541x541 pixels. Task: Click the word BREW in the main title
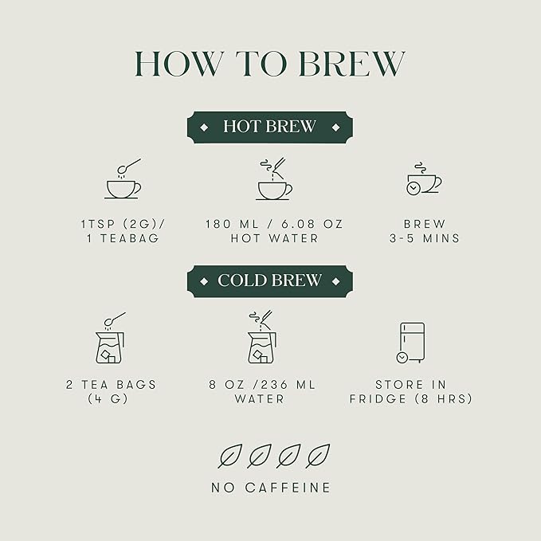pos(351,64)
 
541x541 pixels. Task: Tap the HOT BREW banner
pos(270,127)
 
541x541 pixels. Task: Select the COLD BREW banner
pos(270,281)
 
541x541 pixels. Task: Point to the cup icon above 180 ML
pos(274,178)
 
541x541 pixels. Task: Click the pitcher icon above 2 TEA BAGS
pos(111,338)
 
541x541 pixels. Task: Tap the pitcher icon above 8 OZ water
pos(262,337)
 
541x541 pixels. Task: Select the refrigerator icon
pos(411,343)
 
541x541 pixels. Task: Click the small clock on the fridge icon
pos(402,358)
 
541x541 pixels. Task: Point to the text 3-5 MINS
pos(425,238)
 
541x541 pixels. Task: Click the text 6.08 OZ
pos(312,224)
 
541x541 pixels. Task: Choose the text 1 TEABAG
pos(123,238)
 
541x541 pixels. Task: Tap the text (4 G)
pos(108,399)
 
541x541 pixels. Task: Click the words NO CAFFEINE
pos(271,488)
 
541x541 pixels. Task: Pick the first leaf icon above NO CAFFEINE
pos(230,456)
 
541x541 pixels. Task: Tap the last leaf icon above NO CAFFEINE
pos(318,456)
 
